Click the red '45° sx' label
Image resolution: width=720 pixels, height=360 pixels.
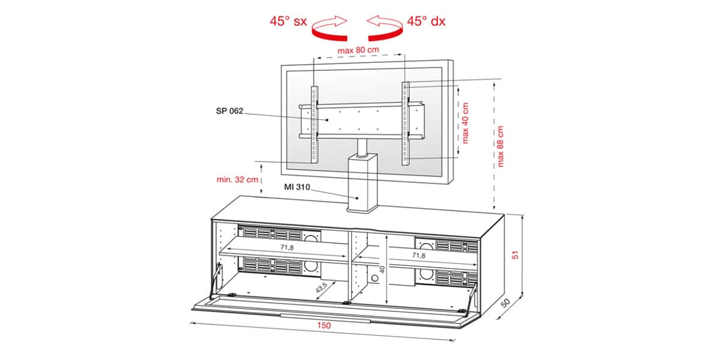pyautogui.click(x=289, y=21)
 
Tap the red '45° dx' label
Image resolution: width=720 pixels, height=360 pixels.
pyautogui.click(x=426, y=21)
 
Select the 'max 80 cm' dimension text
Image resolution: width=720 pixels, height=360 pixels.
pyautogui.click(x=358, y=50)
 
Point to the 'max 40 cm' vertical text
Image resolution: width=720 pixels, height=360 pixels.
pyautogui.click(x=465, y=123)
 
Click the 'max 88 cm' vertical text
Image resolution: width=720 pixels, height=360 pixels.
pyautogui.click(x=500, y=146)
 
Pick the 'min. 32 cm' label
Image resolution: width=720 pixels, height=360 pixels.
pyautogui.click(x=237, y=179)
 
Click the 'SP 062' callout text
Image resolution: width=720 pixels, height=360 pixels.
pyautogui.click(x=229, y=111)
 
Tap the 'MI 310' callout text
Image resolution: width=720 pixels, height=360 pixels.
pyautogui.click(x=297, y=187)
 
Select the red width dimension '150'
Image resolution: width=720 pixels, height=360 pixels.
pyautogui.click(x=323, y=326)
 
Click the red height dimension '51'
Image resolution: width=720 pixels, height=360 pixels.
pyautogui.click(x=515, y=255)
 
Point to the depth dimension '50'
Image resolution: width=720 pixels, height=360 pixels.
pyautogui.click(x=505, y=303)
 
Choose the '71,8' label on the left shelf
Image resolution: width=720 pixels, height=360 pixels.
pyautogui.click(x=287, y=247)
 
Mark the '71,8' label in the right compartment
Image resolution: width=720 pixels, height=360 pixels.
pyautogui.click(x=419, y=255)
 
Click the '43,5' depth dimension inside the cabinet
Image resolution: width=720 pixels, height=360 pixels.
pyautogui.click(x=321, y=287)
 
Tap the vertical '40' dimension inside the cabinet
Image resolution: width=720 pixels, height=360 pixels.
pyautogui.click(x=382, y=269)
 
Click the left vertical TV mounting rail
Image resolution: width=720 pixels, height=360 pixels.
pyautogui.click(x=314, y=125)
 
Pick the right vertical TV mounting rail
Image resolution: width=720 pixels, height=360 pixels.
pyautogui.click(x=406, y=124)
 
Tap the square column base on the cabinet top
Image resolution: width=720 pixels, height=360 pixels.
pyautogui.click(x=362, y=183)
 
